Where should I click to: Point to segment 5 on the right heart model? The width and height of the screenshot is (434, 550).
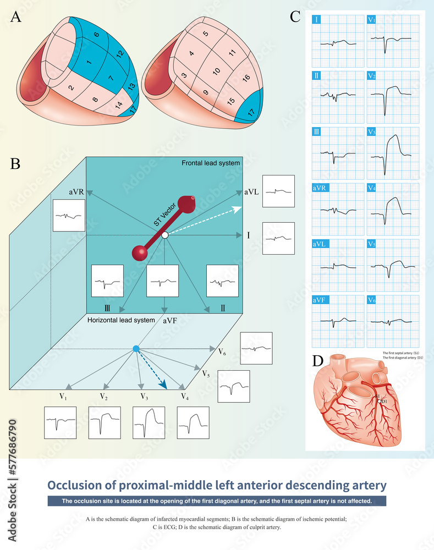206,34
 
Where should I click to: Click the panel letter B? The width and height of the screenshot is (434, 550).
16,163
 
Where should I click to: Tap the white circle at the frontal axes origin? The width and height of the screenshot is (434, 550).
164,235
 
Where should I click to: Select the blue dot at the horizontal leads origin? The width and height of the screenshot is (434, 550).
136,349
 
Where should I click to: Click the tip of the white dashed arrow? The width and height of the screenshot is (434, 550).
241,206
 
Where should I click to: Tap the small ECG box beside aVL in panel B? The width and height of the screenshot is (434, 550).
278,191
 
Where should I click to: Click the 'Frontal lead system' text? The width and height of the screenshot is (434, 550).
211,163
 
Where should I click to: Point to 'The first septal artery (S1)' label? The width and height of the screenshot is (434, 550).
402,353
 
